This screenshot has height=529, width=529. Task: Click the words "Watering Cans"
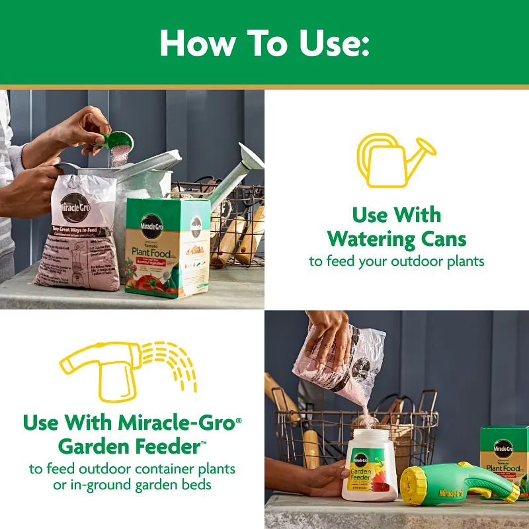[x=397, y=238]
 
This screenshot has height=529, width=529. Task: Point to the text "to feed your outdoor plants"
[x=397, y=261]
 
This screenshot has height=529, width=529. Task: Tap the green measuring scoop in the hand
[x=119, y=141]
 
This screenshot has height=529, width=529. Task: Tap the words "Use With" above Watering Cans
[x=397, y=215]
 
